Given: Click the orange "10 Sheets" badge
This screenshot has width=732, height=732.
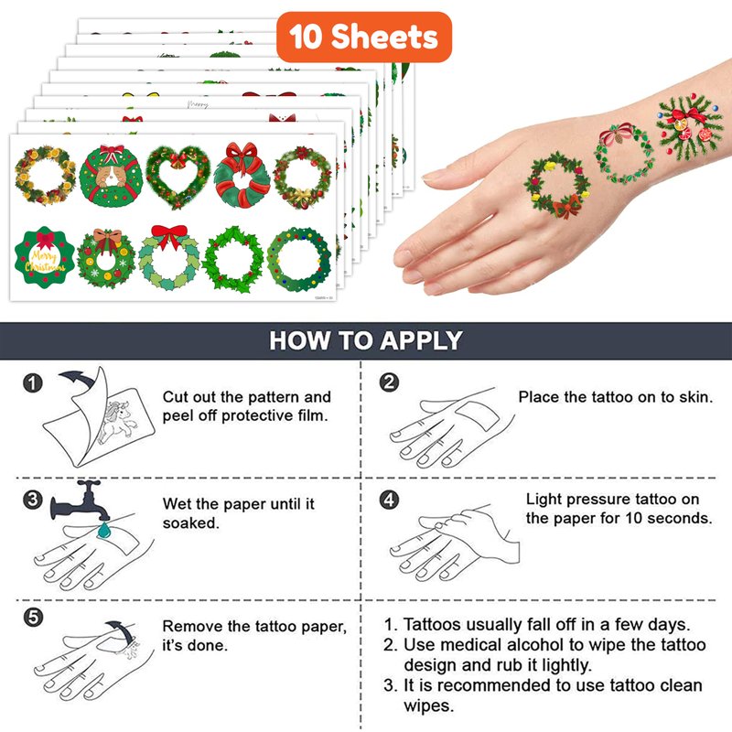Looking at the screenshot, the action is click(364, 37).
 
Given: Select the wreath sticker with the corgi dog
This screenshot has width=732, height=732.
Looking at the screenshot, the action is click(111, 176).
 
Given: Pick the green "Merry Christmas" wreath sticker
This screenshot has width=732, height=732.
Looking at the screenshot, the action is click(44, 257).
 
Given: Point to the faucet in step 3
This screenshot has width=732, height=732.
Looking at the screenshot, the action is click(81, 501).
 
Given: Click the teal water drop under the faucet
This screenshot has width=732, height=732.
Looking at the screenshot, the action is click(103, 530).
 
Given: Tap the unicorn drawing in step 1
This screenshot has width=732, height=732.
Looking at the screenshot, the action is click(119, 421).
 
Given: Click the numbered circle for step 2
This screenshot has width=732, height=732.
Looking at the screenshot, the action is click(389, 382).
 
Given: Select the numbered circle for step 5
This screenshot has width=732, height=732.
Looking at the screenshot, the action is click(33, 617).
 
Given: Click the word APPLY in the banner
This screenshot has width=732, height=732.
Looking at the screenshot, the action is click(421, 340).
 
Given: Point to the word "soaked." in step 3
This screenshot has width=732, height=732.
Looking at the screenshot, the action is click(190, 522).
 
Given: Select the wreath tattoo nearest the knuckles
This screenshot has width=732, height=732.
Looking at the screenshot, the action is click(557, 184).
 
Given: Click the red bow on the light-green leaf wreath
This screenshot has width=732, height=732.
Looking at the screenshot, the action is click(169, 236).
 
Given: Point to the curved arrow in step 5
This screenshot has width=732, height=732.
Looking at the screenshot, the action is click(121, 630).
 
